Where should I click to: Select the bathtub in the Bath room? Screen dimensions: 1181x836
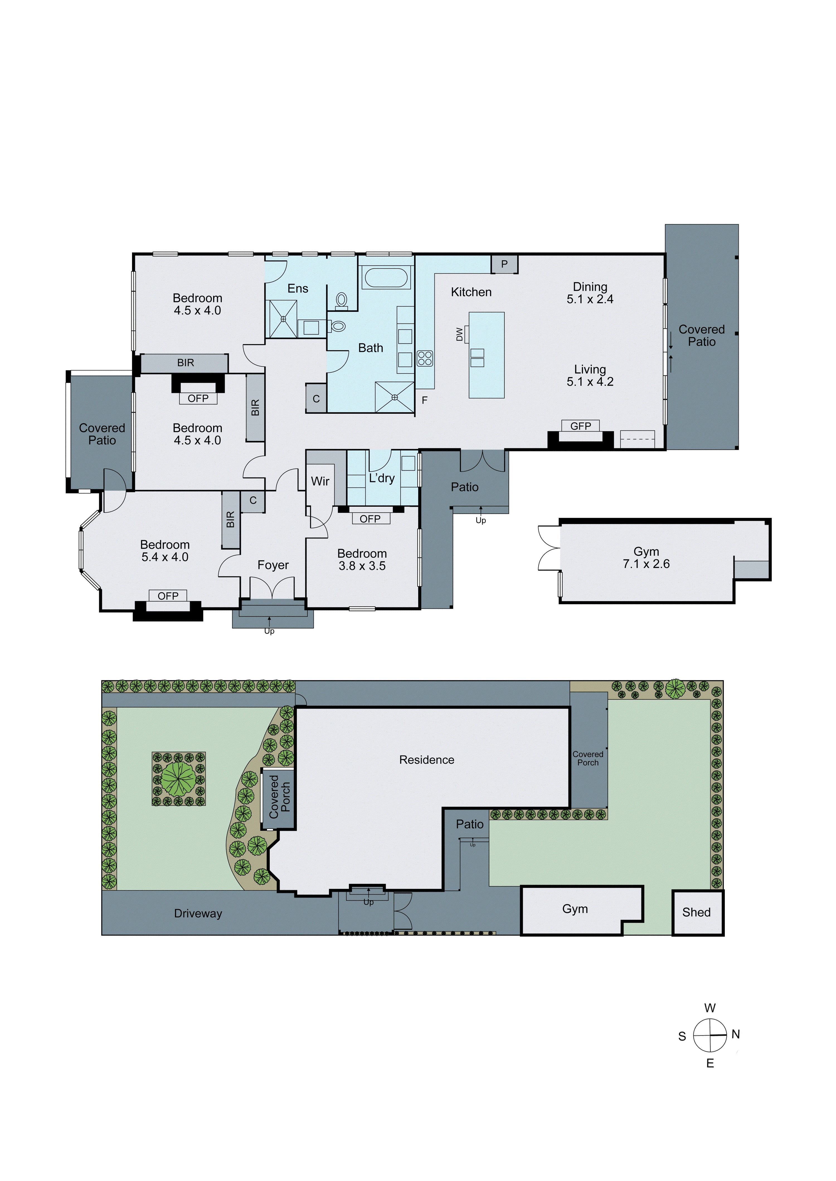point(386,278)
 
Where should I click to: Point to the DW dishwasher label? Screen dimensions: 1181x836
point(459,334)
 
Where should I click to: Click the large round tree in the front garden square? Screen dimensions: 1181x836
point(179,779)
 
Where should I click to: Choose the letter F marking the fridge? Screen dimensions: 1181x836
point(425,400)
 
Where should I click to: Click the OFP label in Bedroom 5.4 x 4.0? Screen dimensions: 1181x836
point(168,596)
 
